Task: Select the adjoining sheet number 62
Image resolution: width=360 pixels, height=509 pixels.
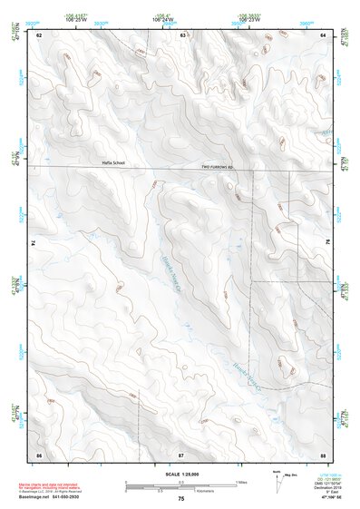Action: click(38, 35)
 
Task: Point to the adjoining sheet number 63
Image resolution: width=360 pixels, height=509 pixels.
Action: click(183, 35)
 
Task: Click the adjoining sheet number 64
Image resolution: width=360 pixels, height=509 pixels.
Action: click(323, 35)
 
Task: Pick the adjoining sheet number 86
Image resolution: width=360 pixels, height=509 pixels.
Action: click(38, 453)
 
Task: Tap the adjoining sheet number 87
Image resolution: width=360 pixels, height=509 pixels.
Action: click(181, 453)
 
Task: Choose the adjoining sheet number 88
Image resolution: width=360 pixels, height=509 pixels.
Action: click(323, 453)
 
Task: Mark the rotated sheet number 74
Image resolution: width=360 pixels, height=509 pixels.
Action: click(35, 244)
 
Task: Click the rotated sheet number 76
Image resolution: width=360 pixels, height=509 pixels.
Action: click(326, 244)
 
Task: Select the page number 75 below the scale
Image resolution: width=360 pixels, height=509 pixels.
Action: click(181, 499)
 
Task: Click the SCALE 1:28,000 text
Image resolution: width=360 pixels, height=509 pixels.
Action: click(180, 475)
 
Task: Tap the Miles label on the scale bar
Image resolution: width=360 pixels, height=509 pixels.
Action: click(241, 482)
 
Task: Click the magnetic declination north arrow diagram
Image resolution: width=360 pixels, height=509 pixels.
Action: click(277, 480)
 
